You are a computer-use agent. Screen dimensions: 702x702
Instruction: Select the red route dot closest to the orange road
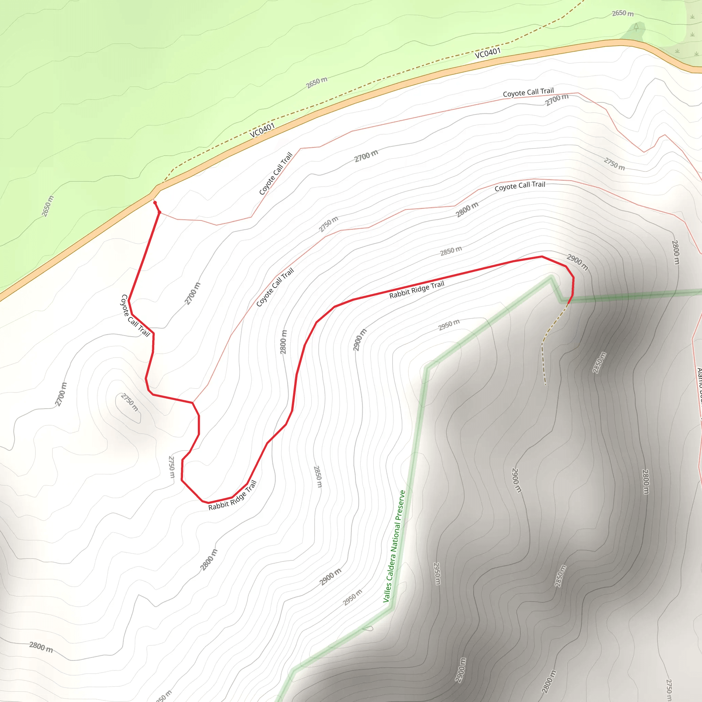tap(155, 203)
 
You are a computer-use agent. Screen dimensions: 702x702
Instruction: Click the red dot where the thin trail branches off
tap(159, 212)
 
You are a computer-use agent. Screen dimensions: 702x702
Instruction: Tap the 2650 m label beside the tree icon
tap(622, 13)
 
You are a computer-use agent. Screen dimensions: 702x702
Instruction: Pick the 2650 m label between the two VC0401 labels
tap(316, 83)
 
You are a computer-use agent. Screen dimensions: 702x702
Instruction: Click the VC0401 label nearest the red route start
tap(262, 130)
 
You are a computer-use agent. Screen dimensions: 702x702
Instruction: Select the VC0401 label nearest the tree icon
tap(488, 53)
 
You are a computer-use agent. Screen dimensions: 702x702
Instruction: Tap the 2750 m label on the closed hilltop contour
tap(129, 402)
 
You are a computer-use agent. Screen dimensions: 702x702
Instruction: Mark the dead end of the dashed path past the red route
tap(545, 384)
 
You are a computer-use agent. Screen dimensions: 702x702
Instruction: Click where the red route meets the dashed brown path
tap(568, 303)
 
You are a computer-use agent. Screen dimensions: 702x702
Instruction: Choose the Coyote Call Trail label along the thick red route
tap(135, 316)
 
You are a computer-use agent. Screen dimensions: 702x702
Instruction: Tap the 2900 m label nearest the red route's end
tap(577, 262)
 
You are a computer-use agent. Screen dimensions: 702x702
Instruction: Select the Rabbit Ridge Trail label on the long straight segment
tap(416, 290)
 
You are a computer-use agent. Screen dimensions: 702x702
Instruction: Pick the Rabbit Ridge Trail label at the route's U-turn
tap(232, 496)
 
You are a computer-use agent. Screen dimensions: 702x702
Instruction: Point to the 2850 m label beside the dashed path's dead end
tap(599, 362)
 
